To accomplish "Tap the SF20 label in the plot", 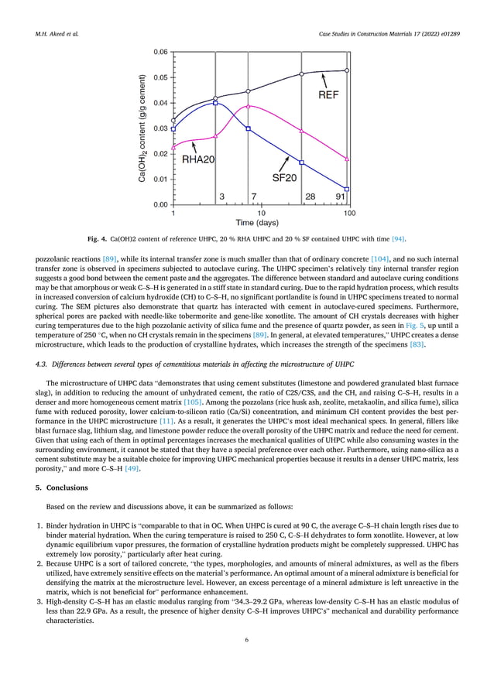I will [284, 177].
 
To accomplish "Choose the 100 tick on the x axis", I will [349, 212].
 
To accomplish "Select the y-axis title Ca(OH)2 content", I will [142, 128].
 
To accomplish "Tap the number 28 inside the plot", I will [310, 197].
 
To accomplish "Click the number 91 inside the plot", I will [340, 197].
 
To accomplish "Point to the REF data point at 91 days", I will [347, 70].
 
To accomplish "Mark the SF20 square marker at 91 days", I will [347, 189].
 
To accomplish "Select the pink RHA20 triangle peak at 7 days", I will [248, 106].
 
